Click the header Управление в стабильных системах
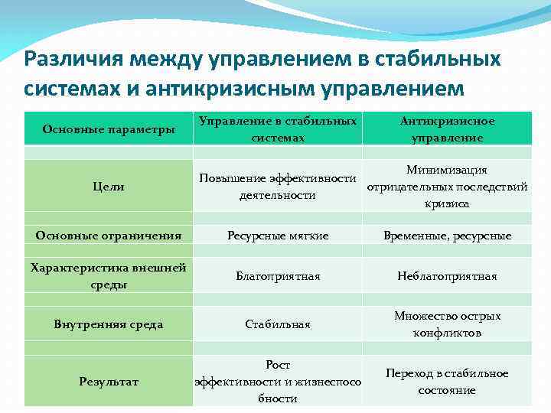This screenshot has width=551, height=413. point(278,129)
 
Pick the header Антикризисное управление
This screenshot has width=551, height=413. point(447,129)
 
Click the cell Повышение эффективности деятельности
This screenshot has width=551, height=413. point(278,187)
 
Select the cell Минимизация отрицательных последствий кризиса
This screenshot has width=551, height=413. point(447,187)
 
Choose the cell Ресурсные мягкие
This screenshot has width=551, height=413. point(278,236)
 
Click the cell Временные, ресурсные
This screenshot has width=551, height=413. point(447,236)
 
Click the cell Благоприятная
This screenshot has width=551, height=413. point(278,276)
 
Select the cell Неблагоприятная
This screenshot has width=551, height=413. point(447,276)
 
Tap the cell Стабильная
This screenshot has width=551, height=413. point(278,324)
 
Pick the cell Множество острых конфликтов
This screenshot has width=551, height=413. point(447,324)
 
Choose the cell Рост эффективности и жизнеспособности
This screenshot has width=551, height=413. point(278,381)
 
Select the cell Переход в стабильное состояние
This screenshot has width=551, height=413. point(447,381)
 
